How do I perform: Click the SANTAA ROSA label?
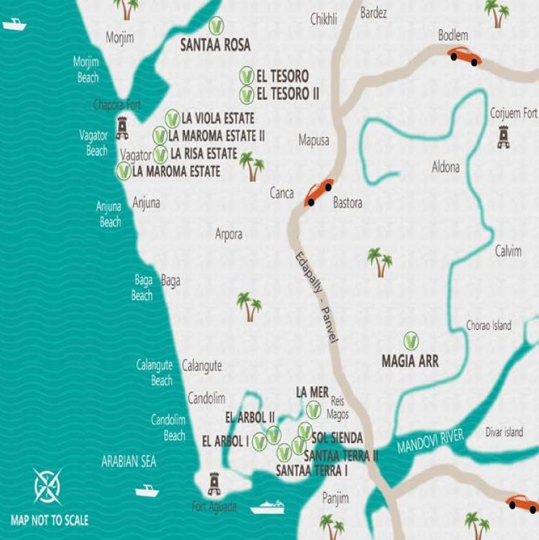[x=215, y=46]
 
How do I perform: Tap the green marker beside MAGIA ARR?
[x=411, y=342]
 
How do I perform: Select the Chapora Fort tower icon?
[x=122, y=127]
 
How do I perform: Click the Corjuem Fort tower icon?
[x=503, y=136]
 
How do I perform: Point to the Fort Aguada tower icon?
[x=214, y=483]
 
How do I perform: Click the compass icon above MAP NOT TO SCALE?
[x=48, y=486]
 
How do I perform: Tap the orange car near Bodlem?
[x=465, y=56]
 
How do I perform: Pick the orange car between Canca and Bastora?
[x=318, y=193]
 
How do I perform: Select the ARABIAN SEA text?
[x=129, y=462]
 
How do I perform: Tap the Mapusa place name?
[x=313, y=141]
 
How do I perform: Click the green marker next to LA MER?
[x=313, y=409]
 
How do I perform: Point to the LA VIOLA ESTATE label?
[x=218, y=118]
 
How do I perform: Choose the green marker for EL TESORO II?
[x=247, y=94]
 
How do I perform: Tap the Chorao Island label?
[x=489, y=326]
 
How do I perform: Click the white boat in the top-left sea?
[x=14, y=25]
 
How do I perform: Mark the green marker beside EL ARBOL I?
[x=259, y=442]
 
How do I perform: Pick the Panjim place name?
[x=335, y=499]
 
